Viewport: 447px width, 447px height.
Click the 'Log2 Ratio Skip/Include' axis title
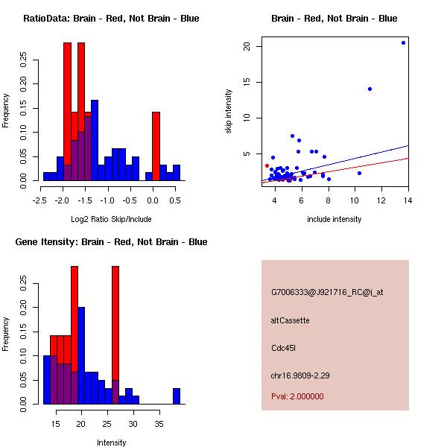tap(111, 219)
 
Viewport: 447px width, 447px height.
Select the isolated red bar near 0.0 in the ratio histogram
tap(156, 146)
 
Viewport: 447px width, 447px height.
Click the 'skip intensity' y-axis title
tap(229, 112)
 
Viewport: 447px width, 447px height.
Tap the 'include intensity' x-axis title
tap(335, 219)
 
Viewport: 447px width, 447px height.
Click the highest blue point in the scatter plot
tap(403, 42)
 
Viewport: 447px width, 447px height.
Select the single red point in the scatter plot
tap(267, 166)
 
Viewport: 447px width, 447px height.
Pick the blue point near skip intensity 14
tap(370, 89)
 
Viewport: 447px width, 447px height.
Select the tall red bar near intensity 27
tap(115, 335)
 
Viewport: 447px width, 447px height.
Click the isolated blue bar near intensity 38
tap(177, 396)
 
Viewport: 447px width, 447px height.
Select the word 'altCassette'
tap(291, 320)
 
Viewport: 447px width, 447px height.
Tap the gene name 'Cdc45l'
tap(284, 348)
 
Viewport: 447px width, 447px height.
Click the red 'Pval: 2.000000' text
tap(297, 396)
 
